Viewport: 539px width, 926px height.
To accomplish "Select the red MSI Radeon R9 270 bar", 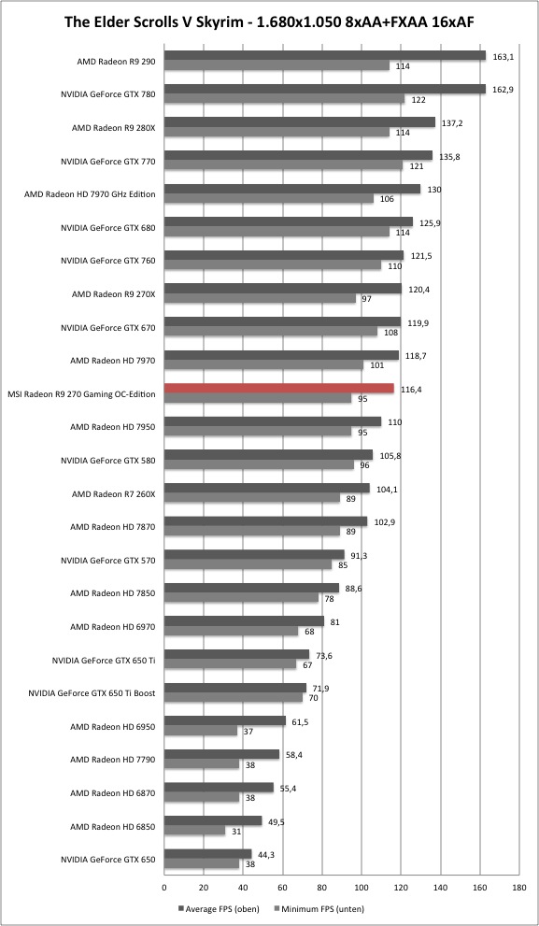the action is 278,389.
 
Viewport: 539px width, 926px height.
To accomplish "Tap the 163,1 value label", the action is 502,55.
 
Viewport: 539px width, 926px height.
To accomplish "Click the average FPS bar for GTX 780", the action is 325,89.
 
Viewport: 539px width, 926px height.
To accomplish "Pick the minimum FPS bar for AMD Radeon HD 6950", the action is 201,731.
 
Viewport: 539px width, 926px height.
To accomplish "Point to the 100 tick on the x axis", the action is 362,887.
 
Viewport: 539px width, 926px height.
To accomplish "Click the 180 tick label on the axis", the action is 519,887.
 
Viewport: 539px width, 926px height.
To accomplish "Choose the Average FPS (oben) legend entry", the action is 218,908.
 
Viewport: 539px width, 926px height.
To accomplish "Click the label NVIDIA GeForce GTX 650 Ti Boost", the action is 92,693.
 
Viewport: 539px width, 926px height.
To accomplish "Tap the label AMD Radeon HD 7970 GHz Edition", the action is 91,193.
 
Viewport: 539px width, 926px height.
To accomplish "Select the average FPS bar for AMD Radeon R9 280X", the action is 299,122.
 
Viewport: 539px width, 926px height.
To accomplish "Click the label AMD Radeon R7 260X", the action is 113,493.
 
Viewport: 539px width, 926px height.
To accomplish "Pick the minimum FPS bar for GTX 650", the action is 202,864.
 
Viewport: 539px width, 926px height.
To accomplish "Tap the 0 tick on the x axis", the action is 164,887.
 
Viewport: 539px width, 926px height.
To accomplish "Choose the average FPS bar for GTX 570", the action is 254,555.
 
